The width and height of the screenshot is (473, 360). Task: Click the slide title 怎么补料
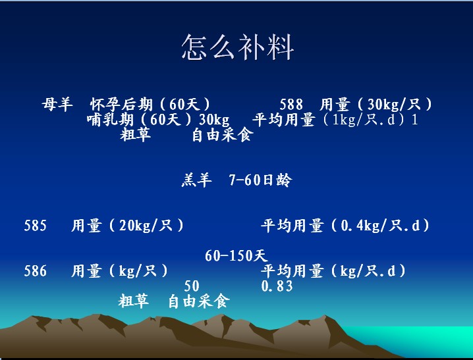(x=237, y=47)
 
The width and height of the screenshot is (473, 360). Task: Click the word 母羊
(x=57, y=105)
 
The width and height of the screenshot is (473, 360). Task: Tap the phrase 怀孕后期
(x=121, y=105)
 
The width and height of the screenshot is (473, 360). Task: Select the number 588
(x=291, y=105)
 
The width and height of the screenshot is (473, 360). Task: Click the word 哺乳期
(x=110, y=120)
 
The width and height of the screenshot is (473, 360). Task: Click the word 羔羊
(x=197, y=180)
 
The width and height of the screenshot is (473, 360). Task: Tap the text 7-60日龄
(x=261, y=180)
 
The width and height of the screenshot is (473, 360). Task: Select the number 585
(x=36, y=225)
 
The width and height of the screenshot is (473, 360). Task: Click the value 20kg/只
(x=146, y=225)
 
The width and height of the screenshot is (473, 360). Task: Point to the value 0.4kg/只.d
(x=380, y=225)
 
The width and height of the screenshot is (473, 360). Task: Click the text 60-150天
(x=237, y=256)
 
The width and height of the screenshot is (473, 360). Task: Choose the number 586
(x=36, y=271)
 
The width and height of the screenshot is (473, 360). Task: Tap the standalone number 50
(x=192, y=286)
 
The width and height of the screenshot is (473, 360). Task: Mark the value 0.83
(x=277, y=286)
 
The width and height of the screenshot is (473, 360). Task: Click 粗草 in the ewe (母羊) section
(x=136, y=135)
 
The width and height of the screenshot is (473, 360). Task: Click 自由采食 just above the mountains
(x=199, y=301)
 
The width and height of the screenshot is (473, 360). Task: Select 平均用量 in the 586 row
(x=292, y=271)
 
